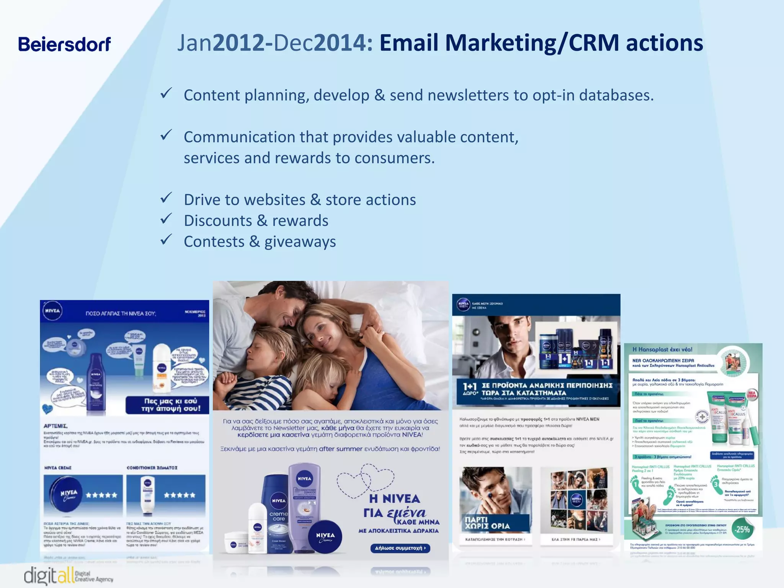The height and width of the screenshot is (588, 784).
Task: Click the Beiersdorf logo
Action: [64, 44]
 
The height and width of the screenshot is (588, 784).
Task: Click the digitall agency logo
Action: [68, 575]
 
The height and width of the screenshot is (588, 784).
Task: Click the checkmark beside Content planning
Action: [166, 93]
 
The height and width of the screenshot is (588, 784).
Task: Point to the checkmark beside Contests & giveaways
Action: [166, 240]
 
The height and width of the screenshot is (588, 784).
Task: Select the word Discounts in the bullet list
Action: [217, 221]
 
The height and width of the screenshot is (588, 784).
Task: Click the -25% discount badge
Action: [742, 529]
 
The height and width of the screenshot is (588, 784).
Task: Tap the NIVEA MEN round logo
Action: [464, 305]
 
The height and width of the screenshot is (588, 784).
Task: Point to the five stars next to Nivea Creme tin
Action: [101, 495]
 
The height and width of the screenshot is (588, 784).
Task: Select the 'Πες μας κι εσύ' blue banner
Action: [168, 405]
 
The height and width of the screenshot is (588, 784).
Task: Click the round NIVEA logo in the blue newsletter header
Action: [52, 311]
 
